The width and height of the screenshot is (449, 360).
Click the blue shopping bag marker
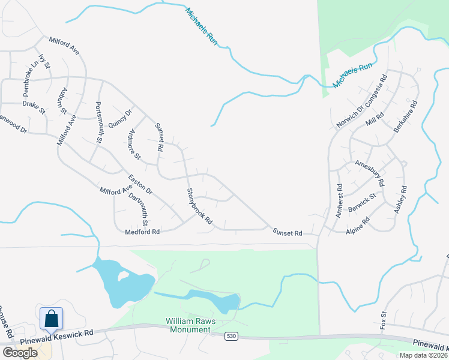52,319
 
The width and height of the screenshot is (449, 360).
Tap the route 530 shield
231,336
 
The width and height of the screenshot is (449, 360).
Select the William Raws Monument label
190,325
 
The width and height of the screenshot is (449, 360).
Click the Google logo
20,353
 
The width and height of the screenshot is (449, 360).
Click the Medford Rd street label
142,232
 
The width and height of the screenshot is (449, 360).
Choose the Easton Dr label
140,184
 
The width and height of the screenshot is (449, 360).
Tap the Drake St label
34,107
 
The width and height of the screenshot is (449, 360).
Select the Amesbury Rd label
370,173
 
